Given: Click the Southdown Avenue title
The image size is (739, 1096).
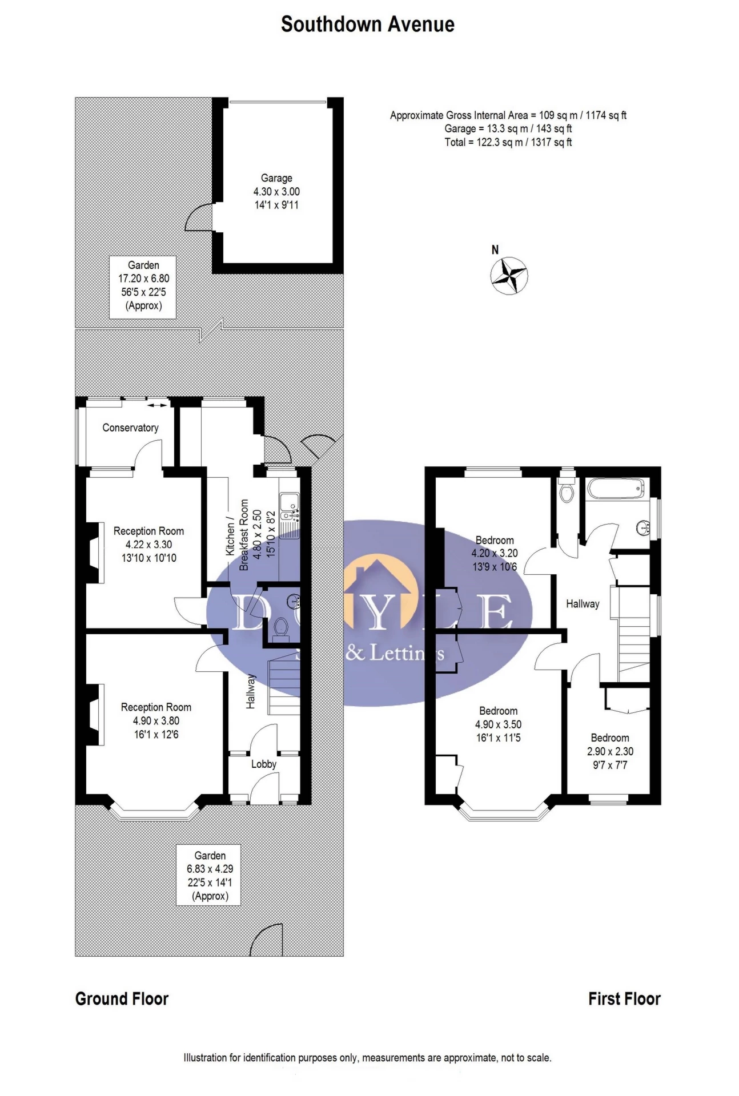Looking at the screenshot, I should tap(368, 25).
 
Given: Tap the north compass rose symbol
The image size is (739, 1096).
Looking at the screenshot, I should tap(508, 276).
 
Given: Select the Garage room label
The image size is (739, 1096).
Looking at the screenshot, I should tap(276, 178).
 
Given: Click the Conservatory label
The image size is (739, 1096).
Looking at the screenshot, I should tap(130, 428).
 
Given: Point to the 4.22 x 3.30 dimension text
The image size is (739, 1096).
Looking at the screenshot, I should tap(148, 545).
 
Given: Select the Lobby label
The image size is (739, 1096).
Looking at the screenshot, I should tap(263, 764).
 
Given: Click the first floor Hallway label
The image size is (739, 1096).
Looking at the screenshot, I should tap(583, 604).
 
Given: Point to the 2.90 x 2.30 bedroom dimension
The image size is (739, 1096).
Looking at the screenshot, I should tap(610, 751).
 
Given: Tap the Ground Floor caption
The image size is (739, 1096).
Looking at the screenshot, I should tap(122, 998).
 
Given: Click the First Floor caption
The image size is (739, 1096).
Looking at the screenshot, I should tap(624, 998).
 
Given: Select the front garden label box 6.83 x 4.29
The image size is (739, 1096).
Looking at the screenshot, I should tap(210, 875).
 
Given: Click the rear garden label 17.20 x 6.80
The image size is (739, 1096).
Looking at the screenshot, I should tap(143, 285).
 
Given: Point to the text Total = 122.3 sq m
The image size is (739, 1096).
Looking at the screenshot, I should tap(508, 142).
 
